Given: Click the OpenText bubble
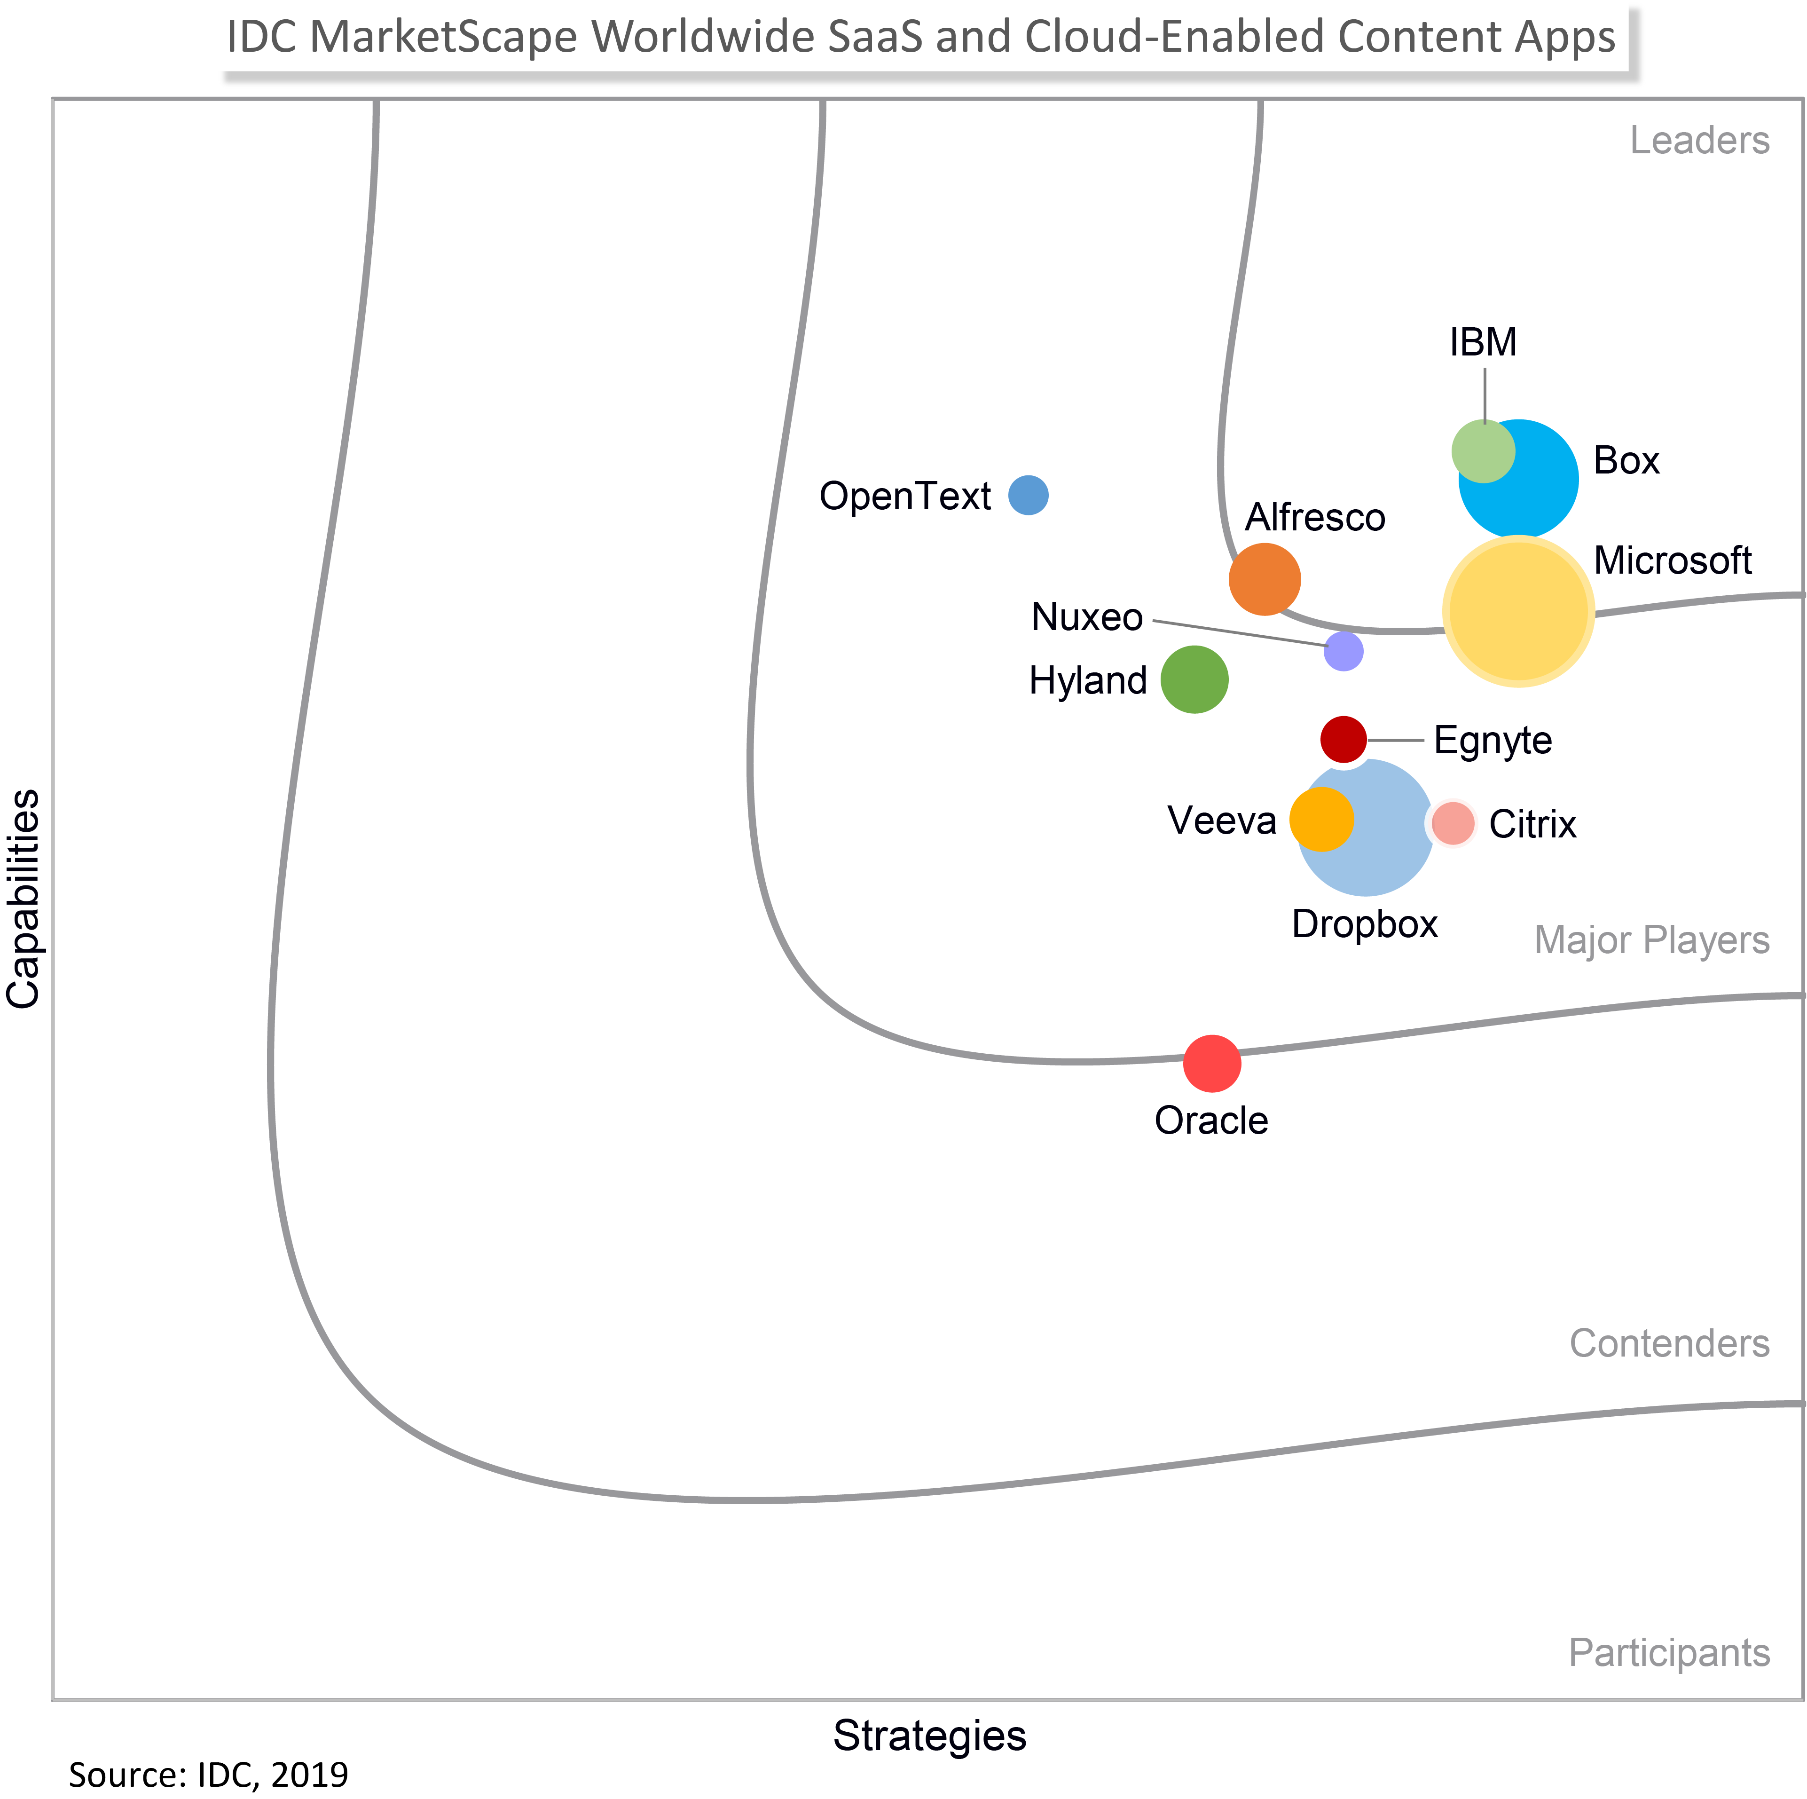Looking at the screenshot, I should pyautogui.click(x=1028, y=495).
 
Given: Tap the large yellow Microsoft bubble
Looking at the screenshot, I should pyautogui.click(x=1518, y=611).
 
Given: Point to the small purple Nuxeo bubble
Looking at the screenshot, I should pyautogui.click(x=1343, y=651).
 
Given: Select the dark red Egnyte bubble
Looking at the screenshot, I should pyautogui.click(x=1343, y=739).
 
